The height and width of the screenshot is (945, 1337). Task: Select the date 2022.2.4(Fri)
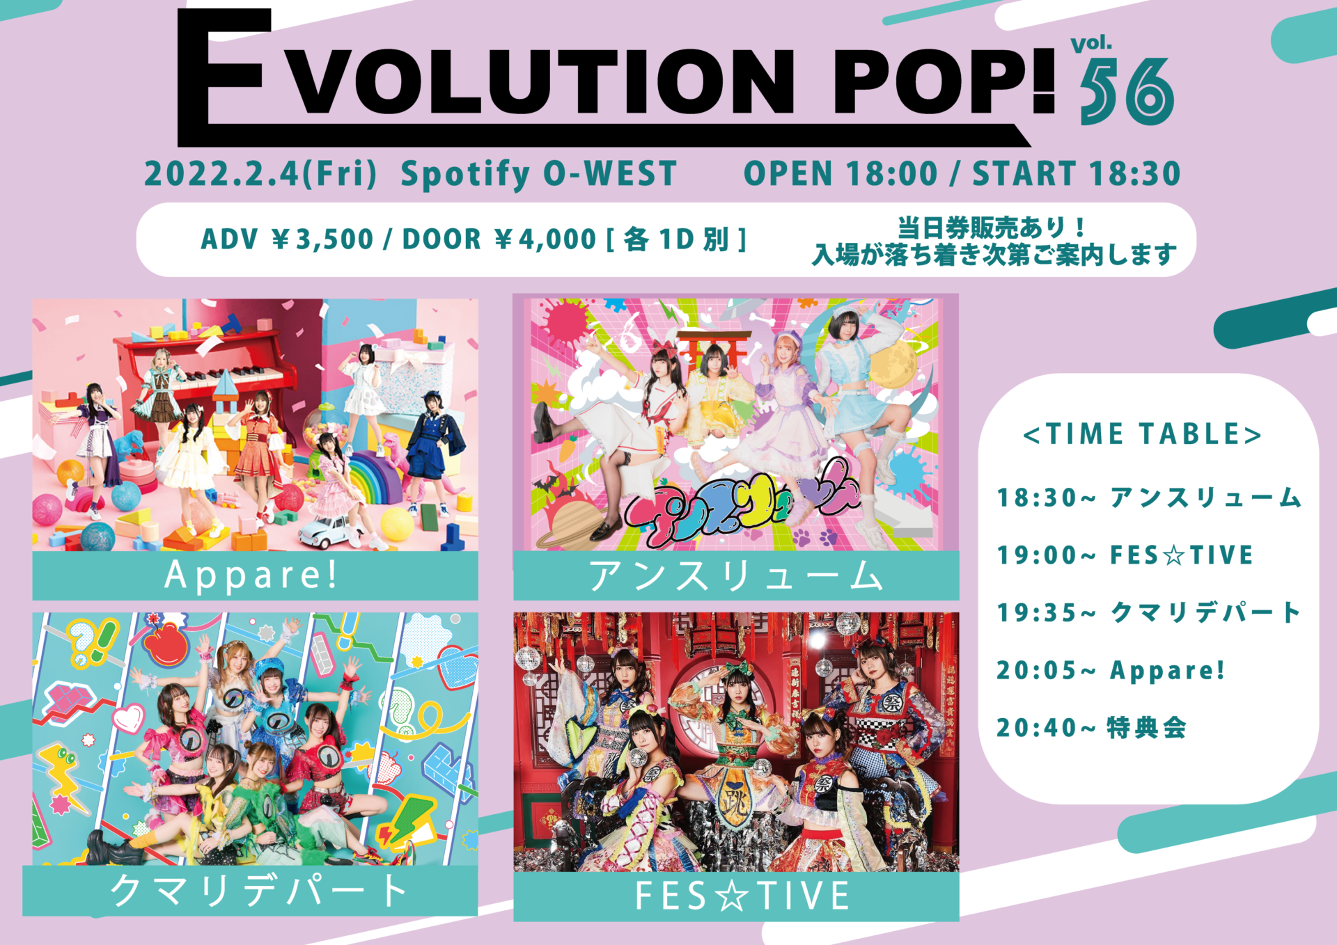(x=260, y=173)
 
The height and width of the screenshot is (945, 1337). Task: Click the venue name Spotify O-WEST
(x=538, y=173)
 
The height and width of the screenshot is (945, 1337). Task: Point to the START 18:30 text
(x=1076, y=173)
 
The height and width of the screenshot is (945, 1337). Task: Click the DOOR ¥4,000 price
(x=499, y=239)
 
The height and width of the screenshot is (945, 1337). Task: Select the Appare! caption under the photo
(x=252, y=575)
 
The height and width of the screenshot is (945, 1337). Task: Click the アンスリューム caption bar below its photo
(x=735, y=576)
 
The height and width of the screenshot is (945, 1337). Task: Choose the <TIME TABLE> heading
(x=1142, y=434)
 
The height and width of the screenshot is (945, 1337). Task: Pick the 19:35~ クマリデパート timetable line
(x=1149, y=613)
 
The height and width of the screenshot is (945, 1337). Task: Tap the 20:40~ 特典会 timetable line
(x=1091, y=728)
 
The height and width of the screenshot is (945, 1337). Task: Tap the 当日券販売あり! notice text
(x=990, y=228)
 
